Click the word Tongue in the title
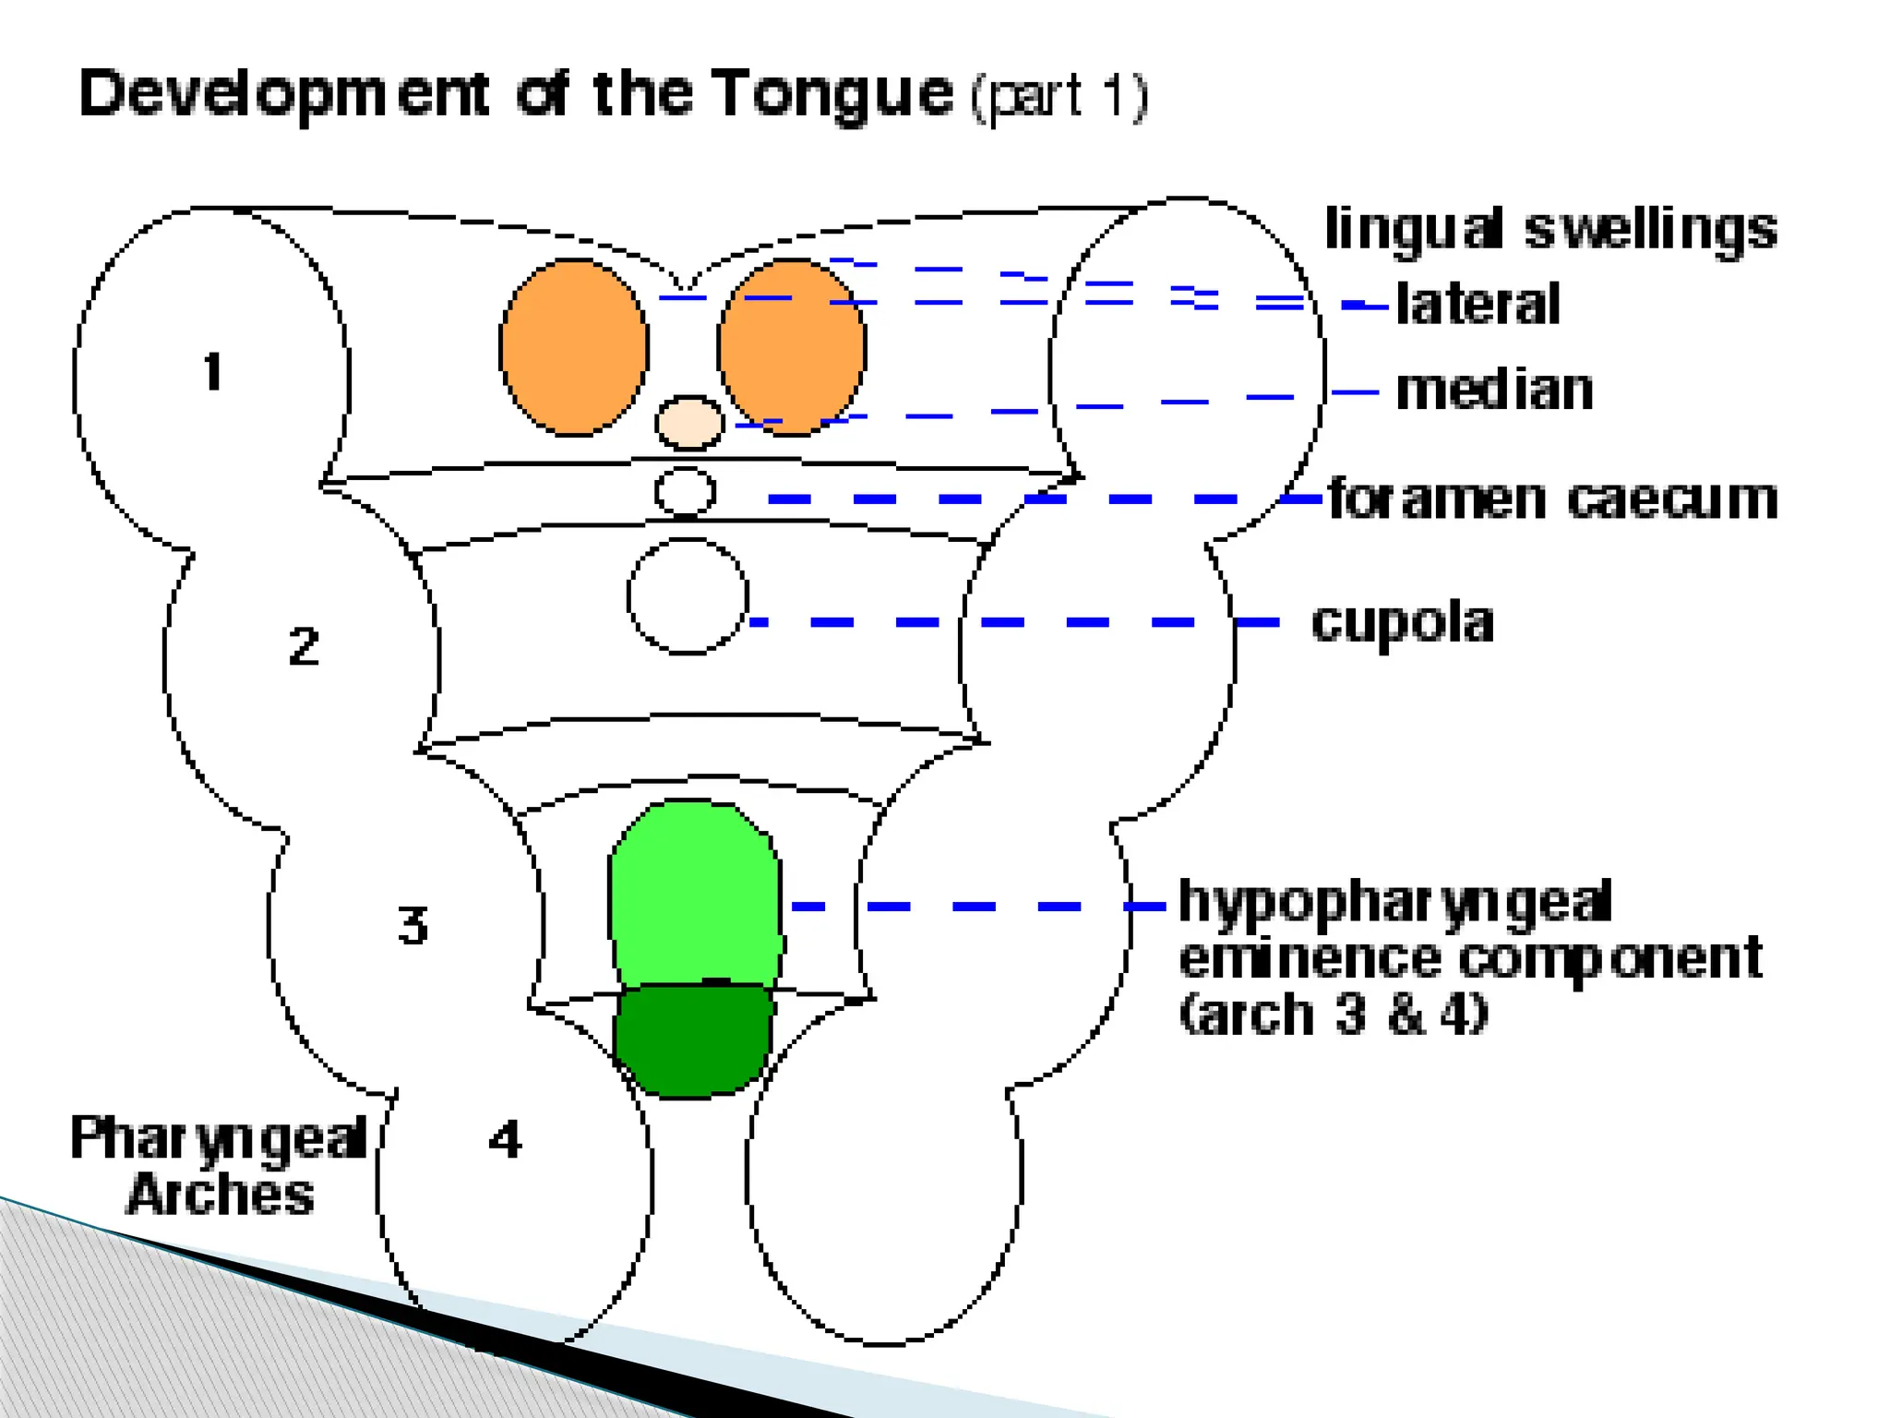click(833, 95)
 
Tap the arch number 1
click(213, 371)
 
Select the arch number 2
click(304, 645)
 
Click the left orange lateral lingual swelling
click(573, 347)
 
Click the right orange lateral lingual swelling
click(792, 347)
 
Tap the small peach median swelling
click(688, 423)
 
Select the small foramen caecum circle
click(685, 491)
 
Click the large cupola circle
click(688, 596)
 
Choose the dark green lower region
click(693, 1040)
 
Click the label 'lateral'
click(1477, 304)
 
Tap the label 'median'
click(1494, 390)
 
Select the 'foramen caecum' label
click(1552, 499)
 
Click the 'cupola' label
click(1402, 623)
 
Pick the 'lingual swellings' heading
click(1550, 229)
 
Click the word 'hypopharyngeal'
click(1395, 902)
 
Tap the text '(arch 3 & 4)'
click(1334, 1014)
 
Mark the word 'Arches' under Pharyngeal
click(221, 1195)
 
